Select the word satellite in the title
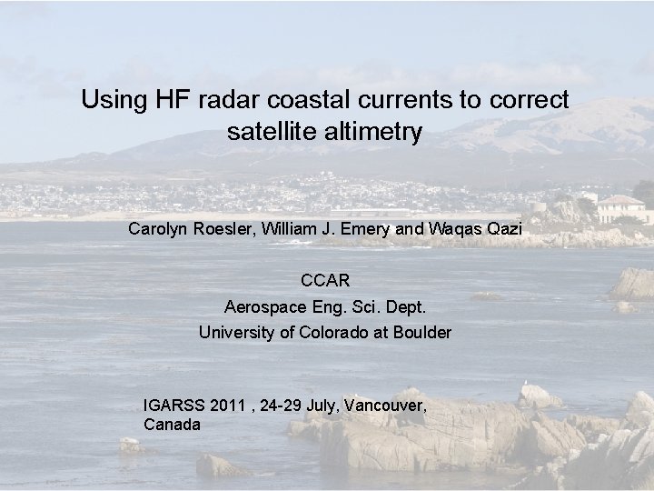[x=270, y=133]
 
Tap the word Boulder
[x=421, y=332]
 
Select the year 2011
[x=227, y=406]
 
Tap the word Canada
[x=172, y=424]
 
